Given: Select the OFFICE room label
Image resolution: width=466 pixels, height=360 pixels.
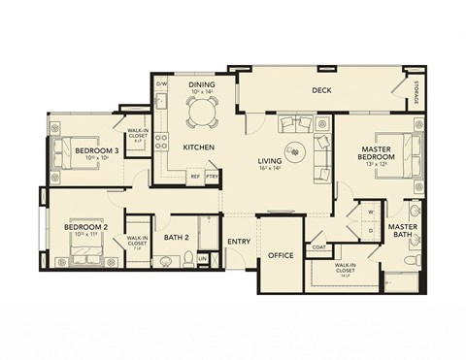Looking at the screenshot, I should coord(282,255).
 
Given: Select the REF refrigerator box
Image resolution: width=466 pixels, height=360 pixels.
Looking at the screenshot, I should coord(194,177).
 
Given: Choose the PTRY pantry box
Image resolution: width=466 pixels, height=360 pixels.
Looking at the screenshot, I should coord(212,177).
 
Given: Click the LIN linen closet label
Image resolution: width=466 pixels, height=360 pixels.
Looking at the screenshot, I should coord(202,258).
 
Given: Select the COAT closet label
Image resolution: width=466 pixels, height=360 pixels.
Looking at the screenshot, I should coord(318,246).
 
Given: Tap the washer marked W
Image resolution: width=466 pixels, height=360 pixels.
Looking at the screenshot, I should coord(371,209).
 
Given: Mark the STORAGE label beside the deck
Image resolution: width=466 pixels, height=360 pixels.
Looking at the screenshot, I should coord(416,93).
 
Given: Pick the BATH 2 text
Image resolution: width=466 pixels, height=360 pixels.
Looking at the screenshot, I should coord(176,237).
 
